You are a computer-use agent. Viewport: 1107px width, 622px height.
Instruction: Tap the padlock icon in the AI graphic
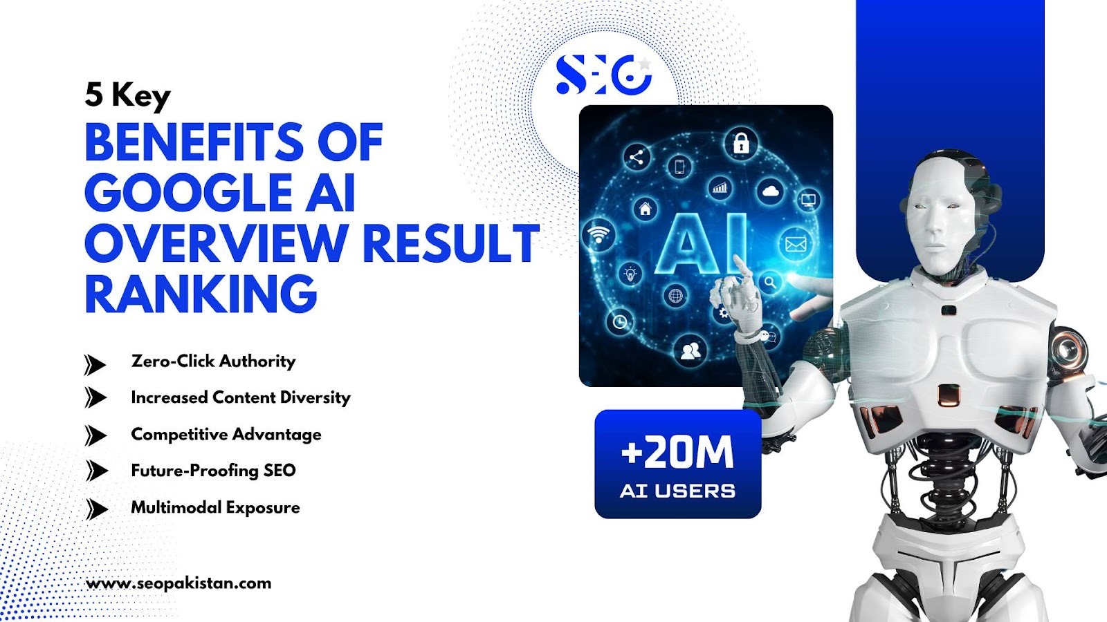(740, 143)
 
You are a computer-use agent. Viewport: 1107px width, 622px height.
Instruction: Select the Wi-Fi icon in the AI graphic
(598, 234)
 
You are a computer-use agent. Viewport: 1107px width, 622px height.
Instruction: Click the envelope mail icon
(796, 244)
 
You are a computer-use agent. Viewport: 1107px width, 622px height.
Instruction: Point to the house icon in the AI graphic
(646, 208)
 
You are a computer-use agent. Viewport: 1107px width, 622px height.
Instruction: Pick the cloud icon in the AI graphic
(771, 191)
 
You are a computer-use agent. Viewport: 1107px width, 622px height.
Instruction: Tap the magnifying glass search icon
(770, 283)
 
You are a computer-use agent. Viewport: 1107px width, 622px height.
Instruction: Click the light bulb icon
(630, 274)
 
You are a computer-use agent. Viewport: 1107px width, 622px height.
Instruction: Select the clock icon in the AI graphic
(620, 322)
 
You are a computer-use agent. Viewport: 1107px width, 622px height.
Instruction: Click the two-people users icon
(690, 351)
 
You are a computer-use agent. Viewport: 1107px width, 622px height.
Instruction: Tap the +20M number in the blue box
(677, 452)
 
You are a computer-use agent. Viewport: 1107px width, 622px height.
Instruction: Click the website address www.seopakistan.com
(179, 583)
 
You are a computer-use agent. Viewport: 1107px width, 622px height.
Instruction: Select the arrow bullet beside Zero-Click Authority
(94, 365)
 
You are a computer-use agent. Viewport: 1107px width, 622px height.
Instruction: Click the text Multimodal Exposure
(215, 507)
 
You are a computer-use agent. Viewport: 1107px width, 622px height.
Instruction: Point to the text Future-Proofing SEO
(214, 471)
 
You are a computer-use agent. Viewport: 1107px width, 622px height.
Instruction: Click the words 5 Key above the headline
(127, 95)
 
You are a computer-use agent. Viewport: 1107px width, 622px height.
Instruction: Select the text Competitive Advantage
(226, 435)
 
